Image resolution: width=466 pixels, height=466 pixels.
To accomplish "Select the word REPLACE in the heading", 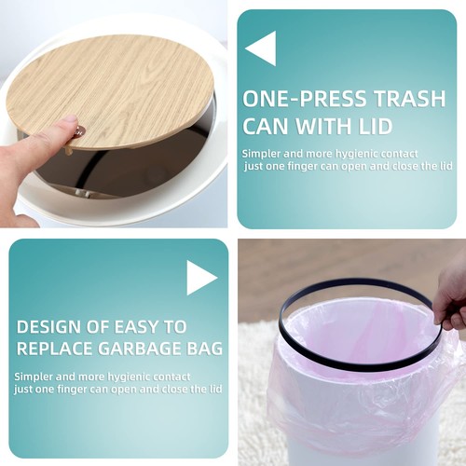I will [56, 349].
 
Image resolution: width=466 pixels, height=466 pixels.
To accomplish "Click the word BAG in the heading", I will [204, 349].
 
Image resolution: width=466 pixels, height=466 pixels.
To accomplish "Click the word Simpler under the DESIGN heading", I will [33, 376].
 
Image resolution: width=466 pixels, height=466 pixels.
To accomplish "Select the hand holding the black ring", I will [451, 298].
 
